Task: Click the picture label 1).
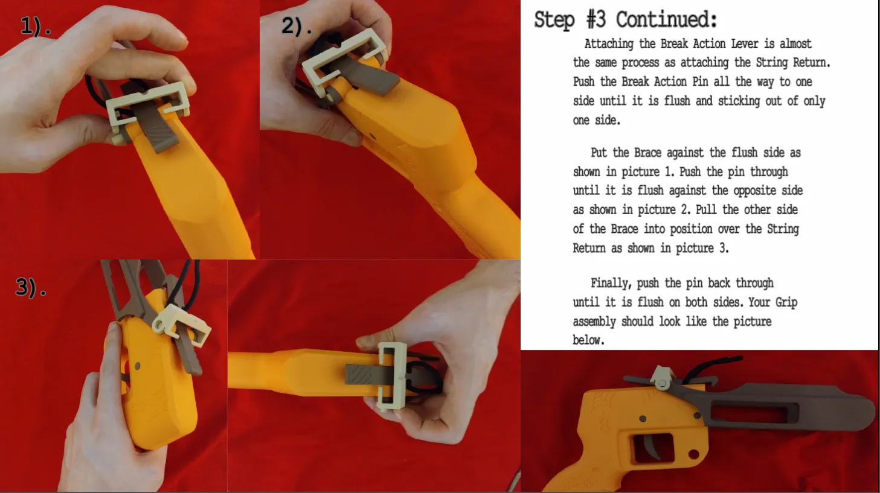click(36, 27)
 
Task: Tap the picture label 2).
click(297, 27)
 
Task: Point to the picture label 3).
click(31, 287)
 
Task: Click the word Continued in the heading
click(666, 20)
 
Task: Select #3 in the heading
click(596, 19)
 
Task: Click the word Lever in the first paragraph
click(744, 43)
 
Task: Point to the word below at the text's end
click(588, 340)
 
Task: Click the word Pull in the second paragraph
click(707, 209)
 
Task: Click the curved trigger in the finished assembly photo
click(651, 448)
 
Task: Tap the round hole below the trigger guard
click(694, 454)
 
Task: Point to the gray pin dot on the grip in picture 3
click(137, 366)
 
